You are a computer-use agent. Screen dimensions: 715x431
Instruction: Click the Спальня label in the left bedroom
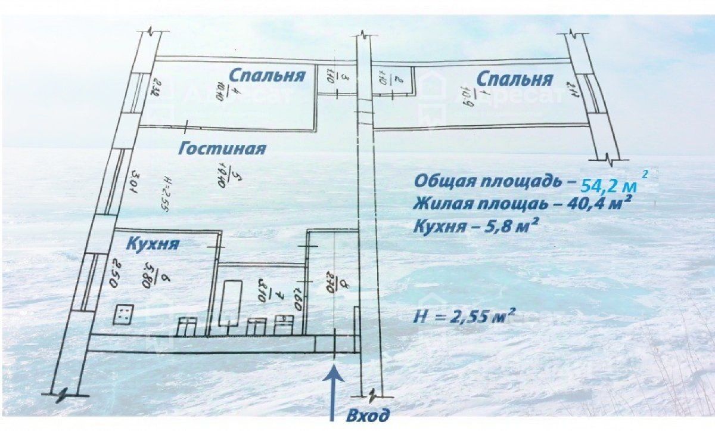click(267, 76)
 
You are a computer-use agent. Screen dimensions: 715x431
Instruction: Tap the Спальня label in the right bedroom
click(515, 79)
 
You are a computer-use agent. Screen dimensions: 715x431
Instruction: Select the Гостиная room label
click(222, 148)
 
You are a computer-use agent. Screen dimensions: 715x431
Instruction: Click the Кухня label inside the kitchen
click(152, 244)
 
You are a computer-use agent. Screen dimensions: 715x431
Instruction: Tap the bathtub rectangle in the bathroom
click(230, 303)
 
